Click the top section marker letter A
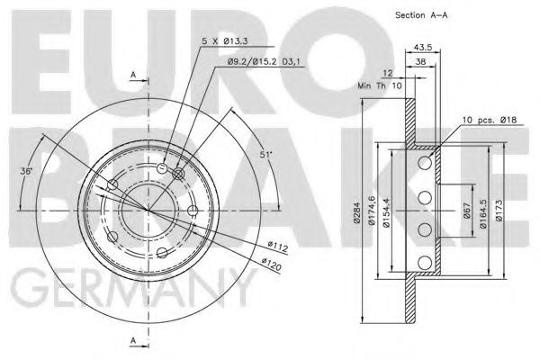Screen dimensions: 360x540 coord(133,74)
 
